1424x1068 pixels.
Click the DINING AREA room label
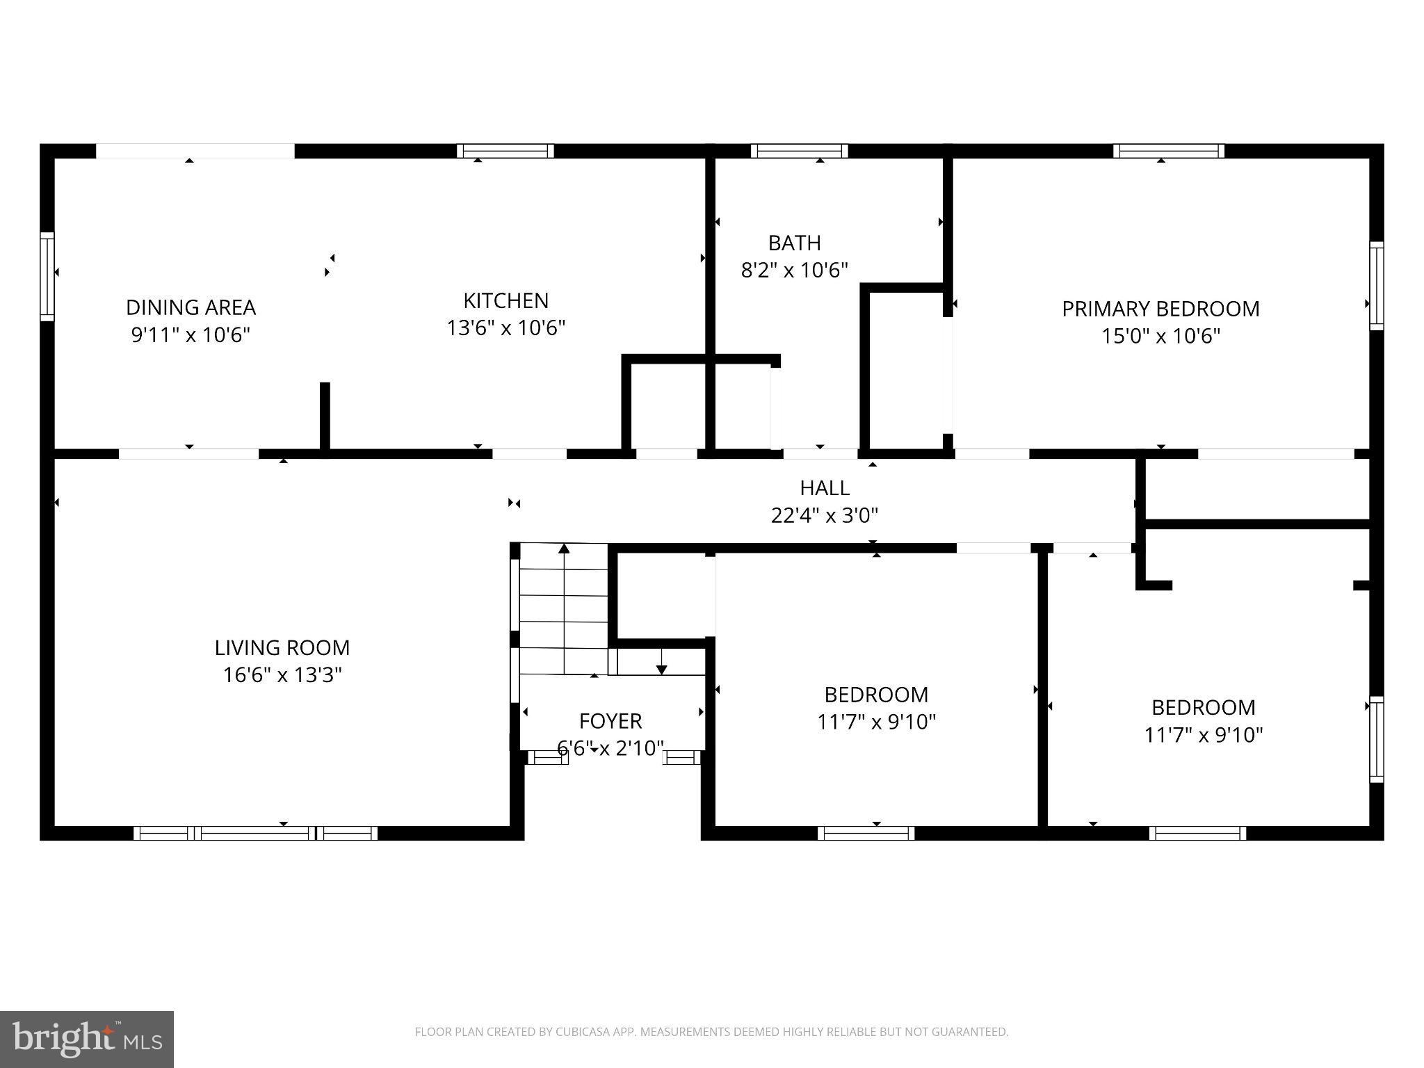coord(191,307)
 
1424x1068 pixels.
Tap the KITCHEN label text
coord(505,300)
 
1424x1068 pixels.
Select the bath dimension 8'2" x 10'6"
coord(794,270)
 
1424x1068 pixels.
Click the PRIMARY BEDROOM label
coord(1160,309)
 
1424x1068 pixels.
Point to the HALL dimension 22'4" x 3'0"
coord(824,515)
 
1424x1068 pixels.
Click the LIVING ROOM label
coord(282,648)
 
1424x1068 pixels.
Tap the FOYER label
coord(610,721)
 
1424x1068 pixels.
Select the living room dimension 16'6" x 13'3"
coord(282,675)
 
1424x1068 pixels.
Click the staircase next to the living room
coord(563,608)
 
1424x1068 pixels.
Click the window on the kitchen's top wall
coord(505,151)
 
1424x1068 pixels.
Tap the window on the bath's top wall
coord(799,151)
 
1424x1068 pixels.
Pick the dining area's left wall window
coord(47,276)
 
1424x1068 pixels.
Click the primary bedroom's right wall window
coord(1376,285)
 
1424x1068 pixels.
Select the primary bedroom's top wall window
coord(1168,151)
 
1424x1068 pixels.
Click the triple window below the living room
coord(255,833)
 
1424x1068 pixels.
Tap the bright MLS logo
coord(86,1039)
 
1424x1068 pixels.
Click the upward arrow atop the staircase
coord(564,549)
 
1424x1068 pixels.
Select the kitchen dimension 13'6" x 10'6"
coord(505,327)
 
